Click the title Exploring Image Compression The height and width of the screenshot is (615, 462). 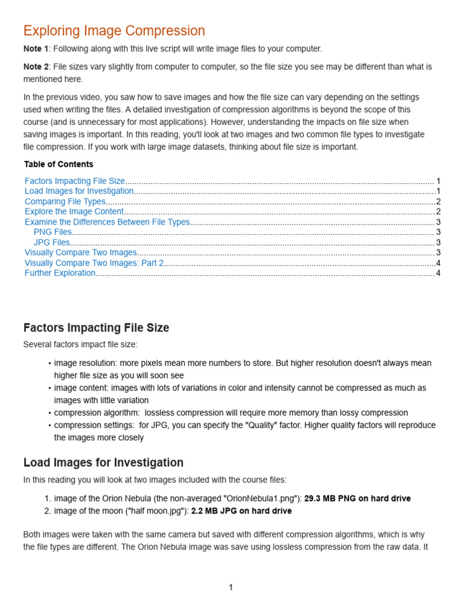pyautogui.click(x=114, y=31)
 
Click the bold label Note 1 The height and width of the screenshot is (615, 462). pyautogui.click(x=36, y=49)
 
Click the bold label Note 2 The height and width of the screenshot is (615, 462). pyautogui.click(x=36, y=67)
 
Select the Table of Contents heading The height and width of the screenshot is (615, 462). pyautogui.click(x=59, y=164)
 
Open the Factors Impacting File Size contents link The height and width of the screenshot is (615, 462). pyautogui.click(x=75, y=181)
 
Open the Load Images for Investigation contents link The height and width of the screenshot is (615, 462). pyautogui.click(x=79, y=191)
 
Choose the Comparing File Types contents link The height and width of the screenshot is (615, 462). pyautogui.click(x=66, y=202)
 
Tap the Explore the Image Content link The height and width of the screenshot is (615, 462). pyautogui.click(x=74, y=211)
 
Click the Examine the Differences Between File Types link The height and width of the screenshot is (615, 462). pyautogui.click(x=107, y=222)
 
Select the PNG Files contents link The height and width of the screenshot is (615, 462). pyautogui.click(x=53, y=232)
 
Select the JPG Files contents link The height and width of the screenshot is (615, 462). pyautogui.click(x=52, y=243)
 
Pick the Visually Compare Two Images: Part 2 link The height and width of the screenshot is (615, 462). pyautogui.click(x=94, y=263)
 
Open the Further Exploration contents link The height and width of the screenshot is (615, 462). pyautogui.click(x=60, y=273)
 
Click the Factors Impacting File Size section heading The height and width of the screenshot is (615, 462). pyautogui.click(x=96, y=328)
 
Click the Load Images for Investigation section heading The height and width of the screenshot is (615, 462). pyautogui.click(x=103, y=462)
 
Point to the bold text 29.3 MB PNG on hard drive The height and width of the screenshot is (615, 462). pyautogui.click(x=357, y=498)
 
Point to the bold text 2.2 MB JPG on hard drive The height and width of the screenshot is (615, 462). pyautogui.click(x=241, y=511)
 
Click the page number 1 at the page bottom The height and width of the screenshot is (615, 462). pyautogui.click(x=231, y=587)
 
